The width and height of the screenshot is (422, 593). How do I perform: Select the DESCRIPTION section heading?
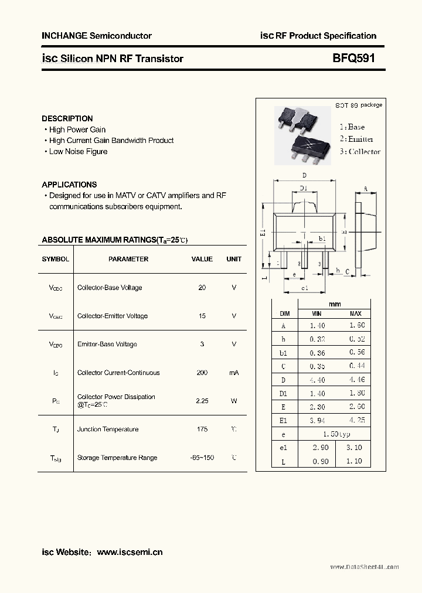[x=67, y=118]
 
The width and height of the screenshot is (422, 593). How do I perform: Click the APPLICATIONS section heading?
[x=69, y=184]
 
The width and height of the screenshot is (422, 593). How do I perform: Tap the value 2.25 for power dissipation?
[x=202, y=401]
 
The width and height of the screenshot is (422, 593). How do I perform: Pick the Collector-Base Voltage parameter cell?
[x=110, y=288]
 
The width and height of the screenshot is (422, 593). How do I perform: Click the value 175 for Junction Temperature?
[x=202, y=430]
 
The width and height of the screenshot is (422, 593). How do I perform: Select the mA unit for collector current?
[x=234, y=373]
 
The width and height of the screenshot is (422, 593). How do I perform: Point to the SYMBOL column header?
[x=55, y=259]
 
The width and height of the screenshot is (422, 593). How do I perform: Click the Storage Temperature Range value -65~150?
[x=202, y=458]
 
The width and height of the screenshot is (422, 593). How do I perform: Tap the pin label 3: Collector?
[x=360, y=152]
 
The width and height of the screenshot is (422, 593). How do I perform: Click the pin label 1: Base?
[x=352, y=127]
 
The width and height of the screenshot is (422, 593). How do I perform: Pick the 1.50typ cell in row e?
[x=336, y=434]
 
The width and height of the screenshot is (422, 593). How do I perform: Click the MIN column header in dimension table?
[x=316, y=313]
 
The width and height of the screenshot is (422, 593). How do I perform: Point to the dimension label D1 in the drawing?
[x=304, y=188]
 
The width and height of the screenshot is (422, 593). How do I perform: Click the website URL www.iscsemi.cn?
[x=130, y=552]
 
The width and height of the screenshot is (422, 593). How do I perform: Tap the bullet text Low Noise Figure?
[x=78, y=151]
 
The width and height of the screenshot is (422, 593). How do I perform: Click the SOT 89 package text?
[x=358, y=105]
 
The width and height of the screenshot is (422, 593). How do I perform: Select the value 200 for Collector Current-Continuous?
[x=202, y=373]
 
